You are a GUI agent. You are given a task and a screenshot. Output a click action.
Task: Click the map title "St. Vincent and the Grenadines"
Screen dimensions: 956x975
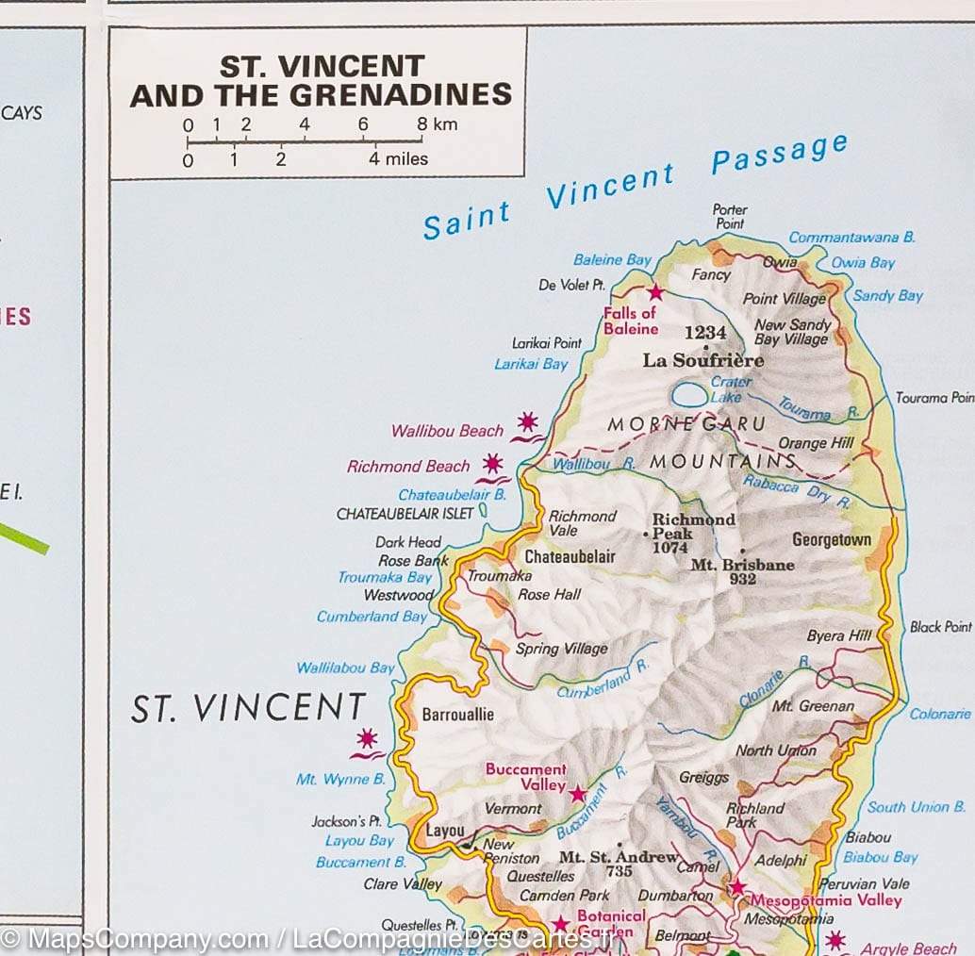pos(321,81)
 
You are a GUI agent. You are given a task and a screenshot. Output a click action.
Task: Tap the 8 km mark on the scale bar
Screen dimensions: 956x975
pos(421,124)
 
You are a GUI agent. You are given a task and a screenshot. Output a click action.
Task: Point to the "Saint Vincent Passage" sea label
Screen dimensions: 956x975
pos(635,185)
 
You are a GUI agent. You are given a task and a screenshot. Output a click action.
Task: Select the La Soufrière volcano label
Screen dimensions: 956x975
pos(702,360)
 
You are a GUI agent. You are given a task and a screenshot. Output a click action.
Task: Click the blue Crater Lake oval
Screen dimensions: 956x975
pos(689,395)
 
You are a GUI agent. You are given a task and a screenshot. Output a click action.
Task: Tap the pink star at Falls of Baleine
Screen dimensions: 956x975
pos(655,292)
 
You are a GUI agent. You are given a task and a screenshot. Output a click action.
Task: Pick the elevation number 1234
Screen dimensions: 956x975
pos(705,332)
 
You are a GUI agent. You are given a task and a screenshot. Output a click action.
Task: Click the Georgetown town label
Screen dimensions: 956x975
pos(831,540)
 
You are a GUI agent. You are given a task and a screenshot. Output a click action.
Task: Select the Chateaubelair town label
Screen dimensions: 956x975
pos(570,556)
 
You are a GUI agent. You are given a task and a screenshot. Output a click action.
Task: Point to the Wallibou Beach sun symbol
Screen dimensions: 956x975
pos(527,421)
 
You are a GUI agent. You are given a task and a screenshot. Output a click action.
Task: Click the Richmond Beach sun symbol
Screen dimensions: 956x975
pos(492,463)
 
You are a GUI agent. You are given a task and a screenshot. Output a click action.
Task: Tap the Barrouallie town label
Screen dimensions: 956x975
pos(457,715)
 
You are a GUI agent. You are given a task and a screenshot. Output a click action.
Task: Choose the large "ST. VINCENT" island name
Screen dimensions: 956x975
pos(248,708)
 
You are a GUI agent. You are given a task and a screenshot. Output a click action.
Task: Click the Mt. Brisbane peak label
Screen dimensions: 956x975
pos(742,565)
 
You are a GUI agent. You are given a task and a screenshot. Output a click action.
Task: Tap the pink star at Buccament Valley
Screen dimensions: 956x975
pos(578,794)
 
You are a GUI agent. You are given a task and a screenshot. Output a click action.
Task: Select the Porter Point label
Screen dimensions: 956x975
pos(730,216)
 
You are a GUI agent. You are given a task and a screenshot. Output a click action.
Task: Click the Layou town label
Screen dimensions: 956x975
pos(445,831)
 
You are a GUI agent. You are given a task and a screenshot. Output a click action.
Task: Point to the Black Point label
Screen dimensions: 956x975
pos(940,627)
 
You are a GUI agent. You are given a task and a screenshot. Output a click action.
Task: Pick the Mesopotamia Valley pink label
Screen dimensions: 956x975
pos(825,900)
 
